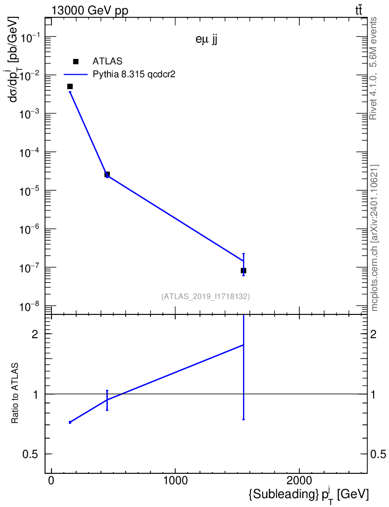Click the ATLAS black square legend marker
76,61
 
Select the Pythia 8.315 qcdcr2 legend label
134,74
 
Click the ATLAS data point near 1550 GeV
243,271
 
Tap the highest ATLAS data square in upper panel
70,86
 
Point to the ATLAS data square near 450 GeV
107,175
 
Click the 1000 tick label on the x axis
175,480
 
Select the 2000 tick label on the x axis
299,480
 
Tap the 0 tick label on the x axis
51,480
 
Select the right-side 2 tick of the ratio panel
373,334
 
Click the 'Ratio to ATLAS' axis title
14,393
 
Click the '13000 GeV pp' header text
90,10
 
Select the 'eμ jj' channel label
206,40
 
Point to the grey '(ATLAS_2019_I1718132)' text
205,296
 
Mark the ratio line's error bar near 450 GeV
107,400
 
